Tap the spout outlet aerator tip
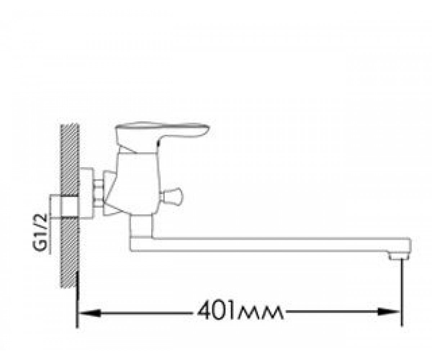399,257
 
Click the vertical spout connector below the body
141,225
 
